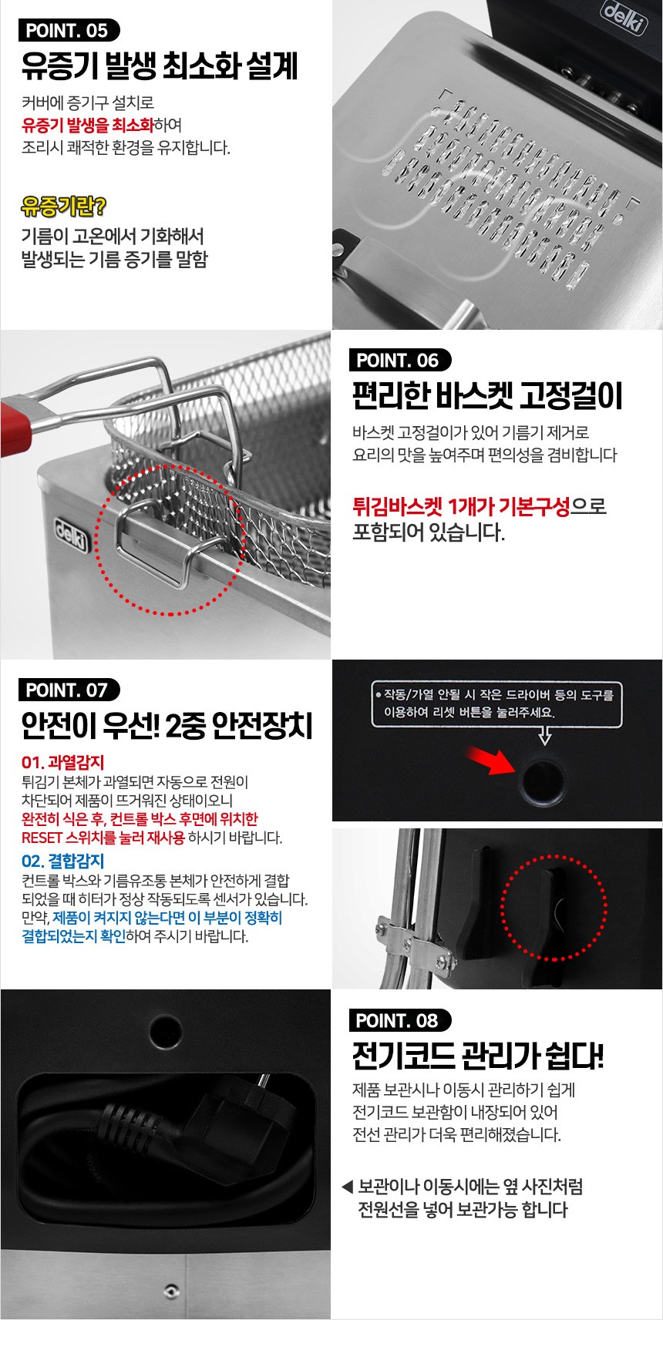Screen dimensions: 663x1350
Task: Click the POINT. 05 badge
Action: tap(68, 30)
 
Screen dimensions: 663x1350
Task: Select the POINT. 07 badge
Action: tap(68, 690)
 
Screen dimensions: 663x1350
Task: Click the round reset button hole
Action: tap(542, 780)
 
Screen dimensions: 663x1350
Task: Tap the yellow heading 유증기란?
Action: tap(64, 206)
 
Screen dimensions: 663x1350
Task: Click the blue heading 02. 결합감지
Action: tap(62, 861)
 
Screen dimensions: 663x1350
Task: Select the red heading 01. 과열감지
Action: tap(62, 762)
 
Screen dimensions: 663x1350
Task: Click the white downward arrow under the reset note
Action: tap(544, 737)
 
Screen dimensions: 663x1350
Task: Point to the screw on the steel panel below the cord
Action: tap(172, 1290)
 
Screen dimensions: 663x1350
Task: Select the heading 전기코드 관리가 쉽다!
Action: tap(478, 1055)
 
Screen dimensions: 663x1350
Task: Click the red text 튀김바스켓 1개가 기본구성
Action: tap(461, 506)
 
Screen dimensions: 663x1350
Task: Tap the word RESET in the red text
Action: tap(42, 838)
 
